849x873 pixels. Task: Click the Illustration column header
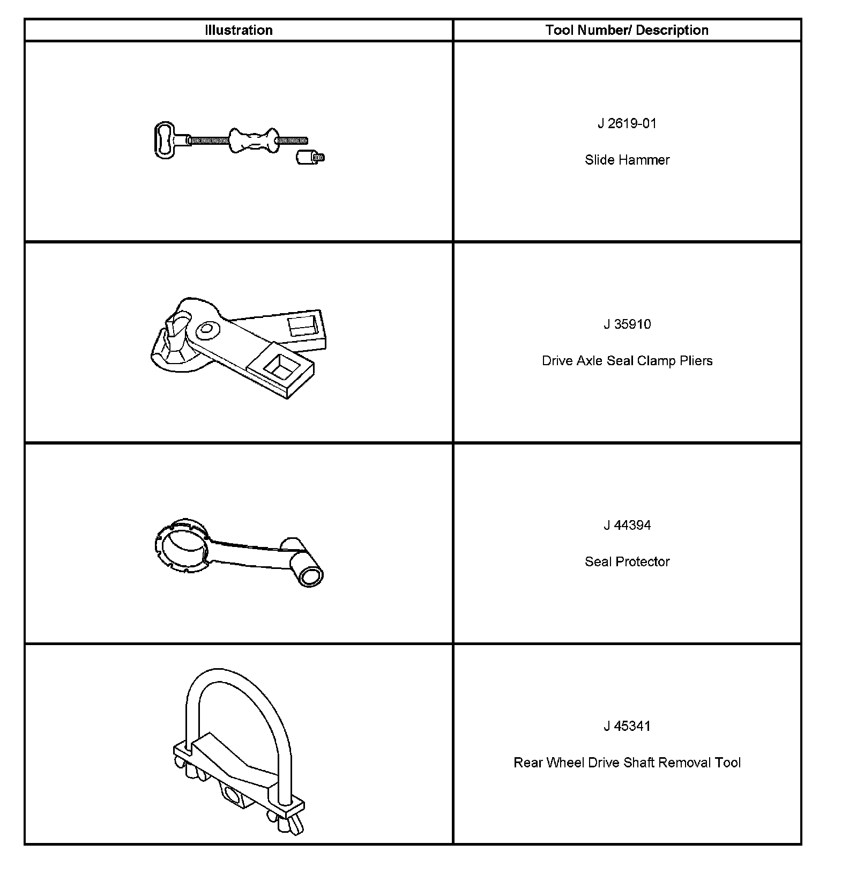[239, 30]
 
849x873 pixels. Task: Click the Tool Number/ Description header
[627, 30]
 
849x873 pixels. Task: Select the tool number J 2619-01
[627, 123]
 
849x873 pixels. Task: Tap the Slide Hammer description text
[627, 160]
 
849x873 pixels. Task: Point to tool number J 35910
[627, 324]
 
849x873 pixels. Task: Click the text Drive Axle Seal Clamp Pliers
[627, 360]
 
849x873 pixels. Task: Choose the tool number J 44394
[627, 525]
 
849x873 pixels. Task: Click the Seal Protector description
[627, 561]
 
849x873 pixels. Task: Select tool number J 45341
[627, 726]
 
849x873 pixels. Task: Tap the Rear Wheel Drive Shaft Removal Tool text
[627, 763]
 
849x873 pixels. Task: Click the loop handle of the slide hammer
[165, 140]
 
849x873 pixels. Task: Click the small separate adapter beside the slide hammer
[309, 158]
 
